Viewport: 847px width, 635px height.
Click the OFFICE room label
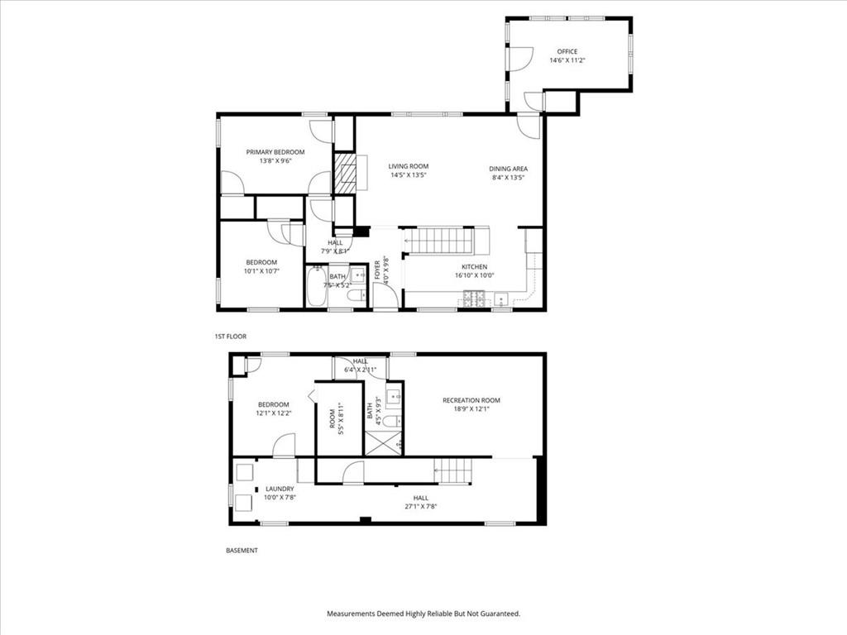[x=567, y=52]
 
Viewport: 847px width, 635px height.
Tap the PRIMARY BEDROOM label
[x=275, y=152]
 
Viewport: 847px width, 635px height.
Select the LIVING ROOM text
[x=409, y=166]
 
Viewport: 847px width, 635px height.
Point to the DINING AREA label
[x=509, y=169]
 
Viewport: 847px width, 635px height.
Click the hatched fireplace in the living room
[x=344, y=174]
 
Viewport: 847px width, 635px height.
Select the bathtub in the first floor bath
[x=315, y=285]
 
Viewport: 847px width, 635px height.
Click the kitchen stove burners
[x=474, y=298]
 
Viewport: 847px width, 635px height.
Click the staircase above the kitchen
[x=440, y=241]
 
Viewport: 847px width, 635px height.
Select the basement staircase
[x=454, y=470]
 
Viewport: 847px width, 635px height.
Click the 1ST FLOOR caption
[x=231, y=337]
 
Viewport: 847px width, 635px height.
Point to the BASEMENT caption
[x=242, y=551]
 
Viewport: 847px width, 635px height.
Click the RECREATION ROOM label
[x=471, y=401]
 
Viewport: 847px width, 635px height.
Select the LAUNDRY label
[x=280, y=489]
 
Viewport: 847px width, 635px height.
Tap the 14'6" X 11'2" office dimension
[x=567, y=60]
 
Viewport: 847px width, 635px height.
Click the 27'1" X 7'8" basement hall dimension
[x=421, y=507]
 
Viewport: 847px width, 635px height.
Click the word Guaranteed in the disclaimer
[x=501, y=614]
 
